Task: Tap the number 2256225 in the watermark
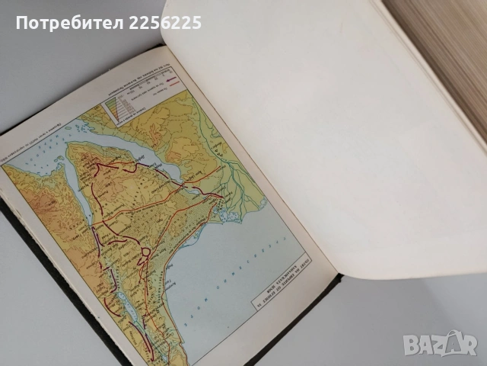[167, 24]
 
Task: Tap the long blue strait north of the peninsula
[152, 156]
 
